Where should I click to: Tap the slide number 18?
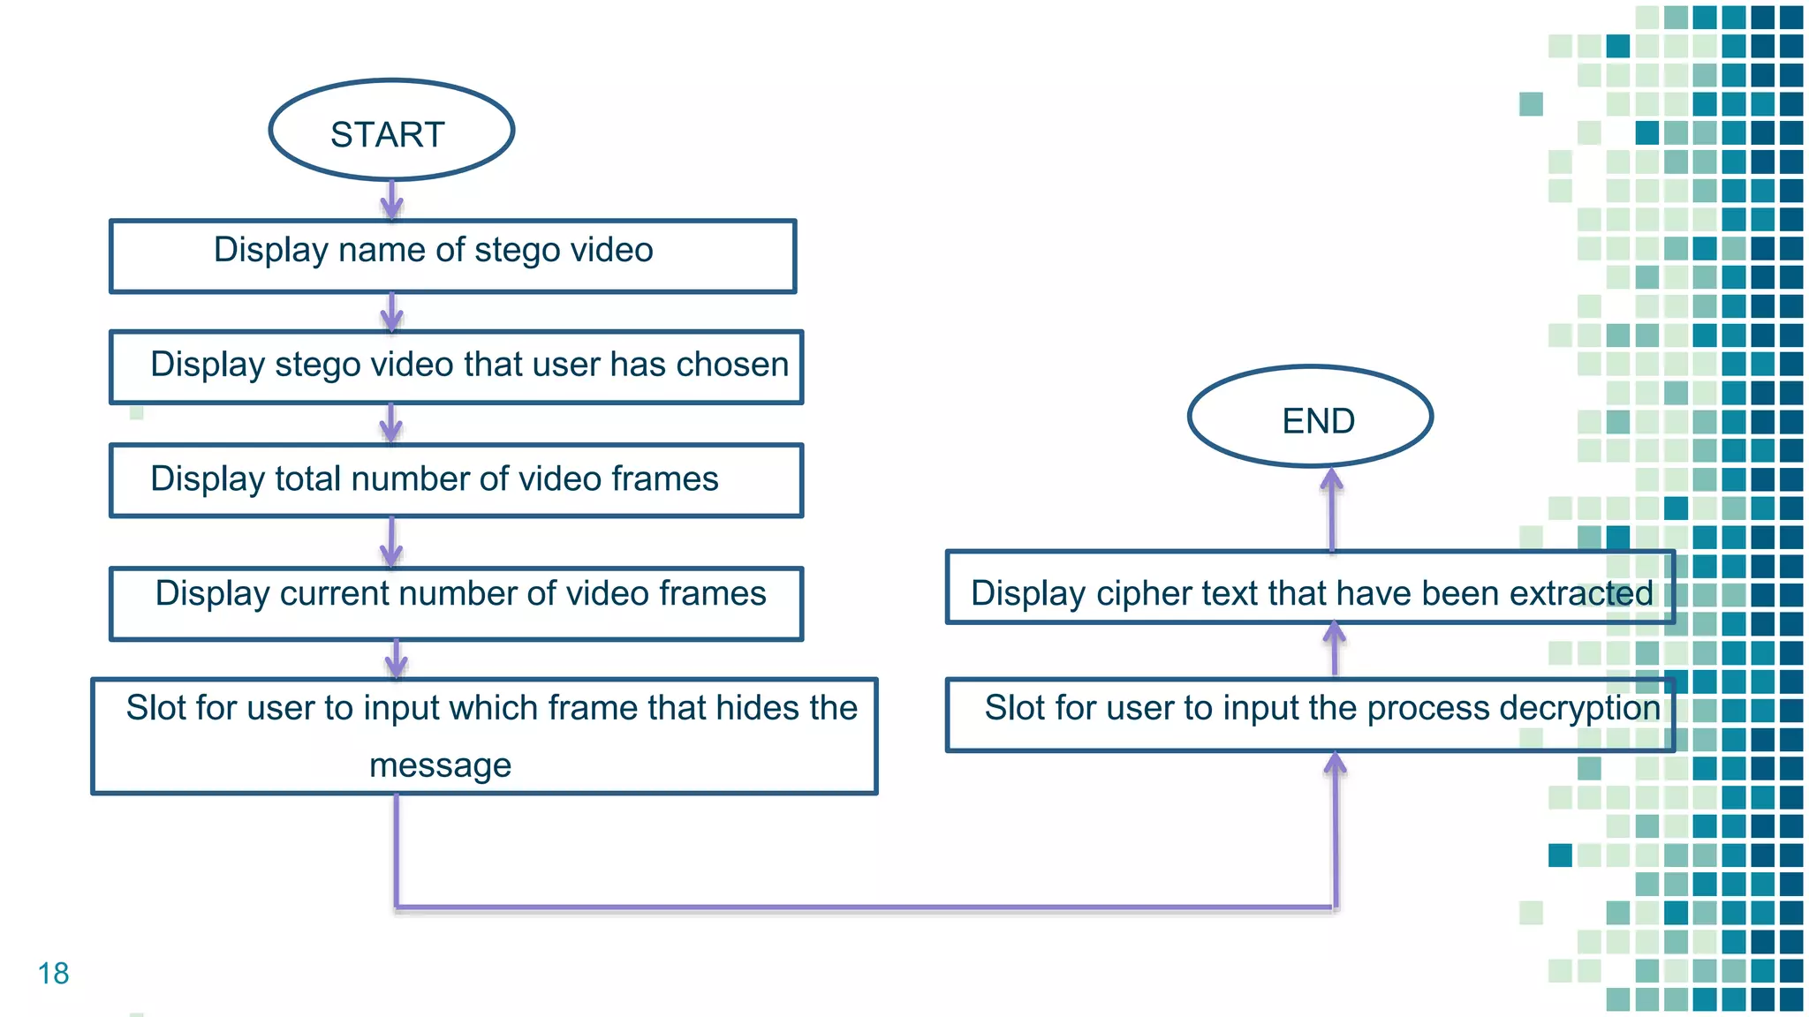[x=53, y=973]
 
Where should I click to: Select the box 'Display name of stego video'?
[x=452, y=256]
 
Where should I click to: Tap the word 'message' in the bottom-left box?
[x=440, y=765]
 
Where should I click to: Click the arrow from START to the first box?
[x=392, y=200]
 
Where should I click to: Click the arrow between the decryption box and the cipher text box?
[x=1335, y=650]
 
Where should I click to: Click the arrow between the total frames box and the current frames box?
[x=391, y=541]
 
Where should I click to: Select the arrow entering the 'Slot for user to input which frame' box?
[x=396, y=659]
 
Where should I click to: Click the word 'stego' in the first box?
[x=517, y=251]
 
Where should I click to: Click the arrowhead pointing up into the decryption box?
[x=1335, y=765]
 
